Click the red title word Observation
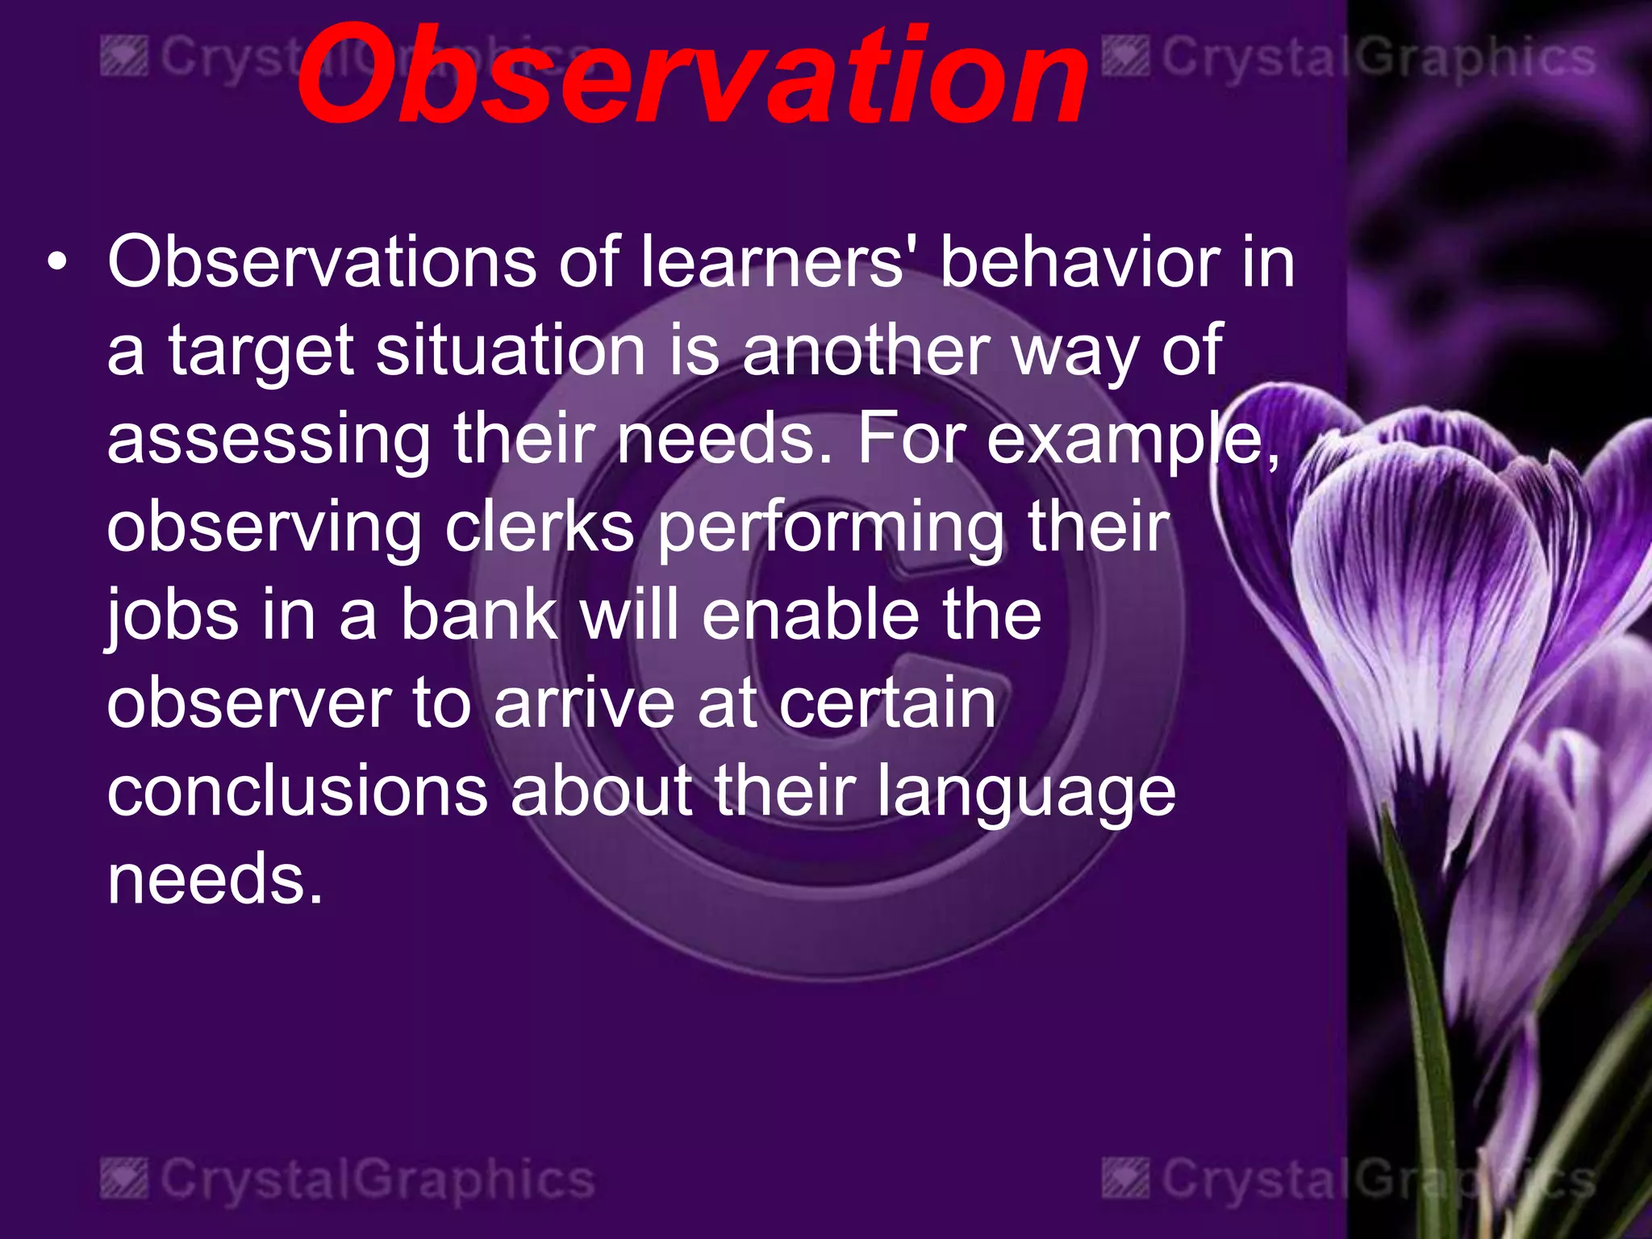(x=692, y=77)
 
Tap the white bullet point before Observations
(x=56, y=263)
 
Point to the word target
(x=261, y=352)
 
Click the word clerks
(x=540, y=527)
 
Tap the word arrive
(x=584, y=703)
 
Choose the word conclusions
(x=298, y=791)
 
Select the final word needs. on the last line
(x=215, y=878)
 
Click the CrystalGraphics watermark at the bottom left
(x=348, y=1179)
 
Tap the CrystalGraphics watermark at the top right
(x=1348, y=59)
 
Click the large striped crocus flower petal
(x=1420, y=589)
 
